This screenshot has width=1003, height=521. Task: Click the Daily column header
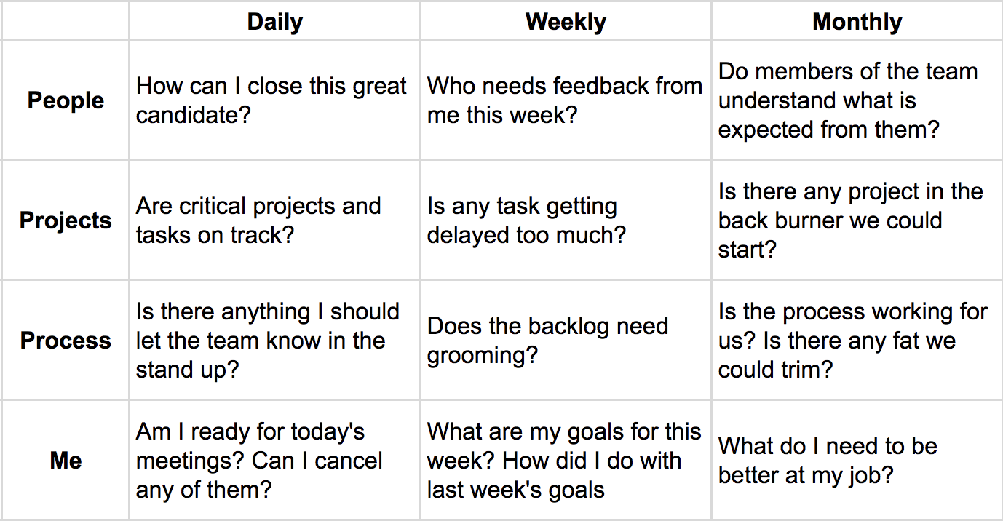tap(274, 22)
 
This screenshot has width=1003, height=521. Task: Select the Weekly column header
tap(566, 22)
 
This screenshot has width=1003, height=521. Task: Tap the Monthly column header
tap(857, 22)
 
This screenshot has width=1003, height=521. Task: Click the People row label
tap(66, 100)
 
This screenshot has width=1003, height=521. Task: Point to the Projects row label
tap(66, 220)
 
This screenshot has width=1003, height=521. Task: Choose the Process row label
tap(66, 341)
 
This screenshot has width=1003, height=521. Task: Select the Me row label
tap(66, 461)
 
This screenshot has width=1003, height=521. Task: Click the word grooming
tap(483, 355)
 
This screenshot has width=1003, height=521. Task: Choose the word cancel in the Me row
tap(348, 461)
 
